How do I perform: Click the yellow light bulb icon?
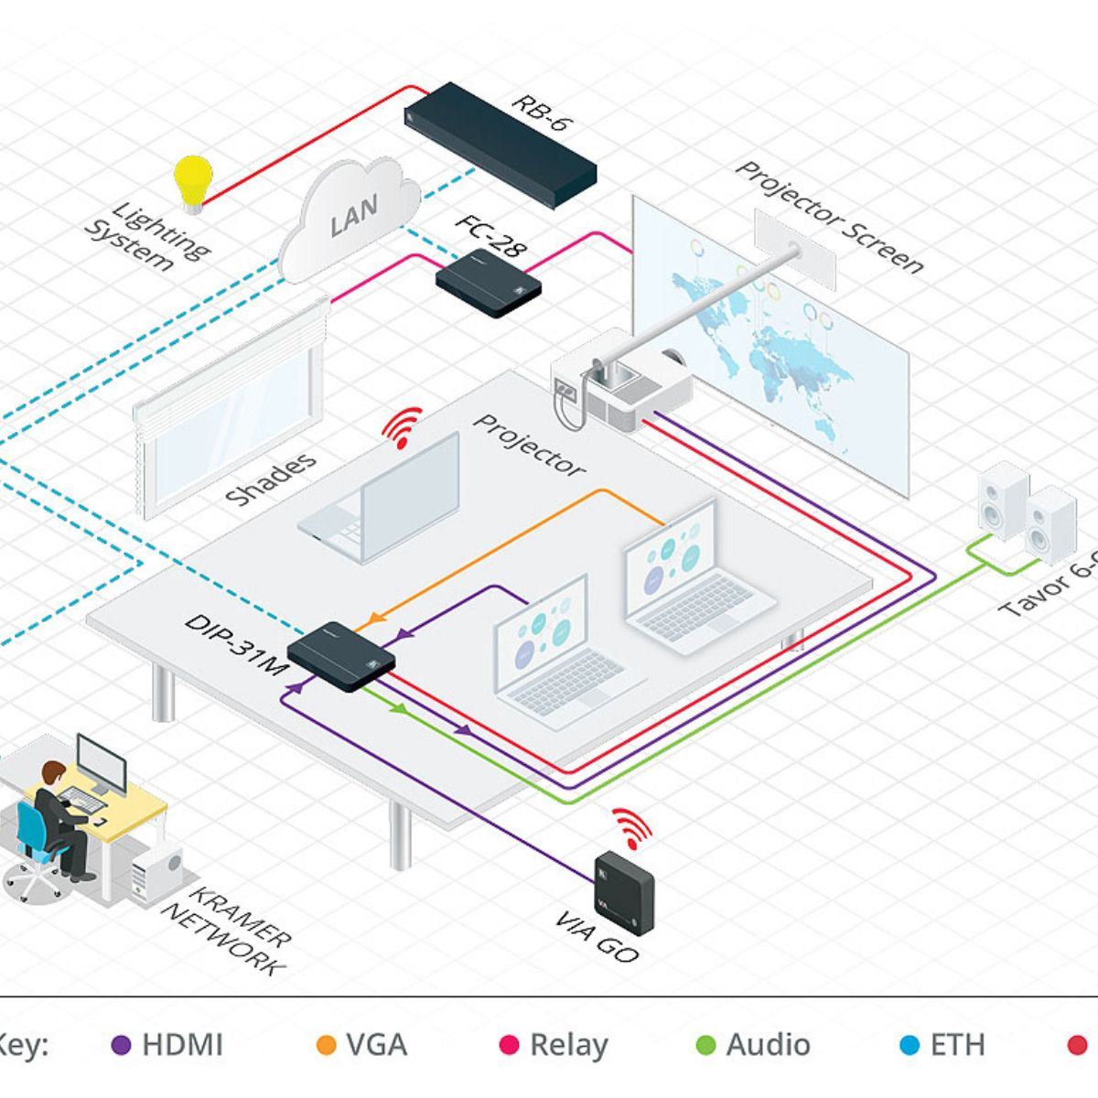pyautogui.click(x=193, y=179)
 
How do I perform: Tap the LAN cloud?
pyautogui.click(x=350, y=217)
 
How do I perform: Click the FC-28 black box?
pyautogui.click(x=487, y=283)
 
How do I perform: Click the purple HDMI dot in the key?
pyautogui.click(x=121, y=1045)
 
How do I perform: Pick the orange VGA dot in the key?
pyautogui.click(x=326, y=1045)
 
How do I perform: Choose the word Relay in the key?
pyautogui.click(x=568, y=1045)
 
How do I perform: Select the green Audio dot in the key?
pyautogui.click(x=705, y=1045)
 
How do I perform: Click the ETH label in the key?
pyautogui.click(x=957, y=1045)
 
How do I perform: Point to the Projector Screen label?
pyautogui.click(x=829, y=217)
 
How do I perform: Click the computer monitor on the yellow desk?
pyautogui.click(x=102, y=763)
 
